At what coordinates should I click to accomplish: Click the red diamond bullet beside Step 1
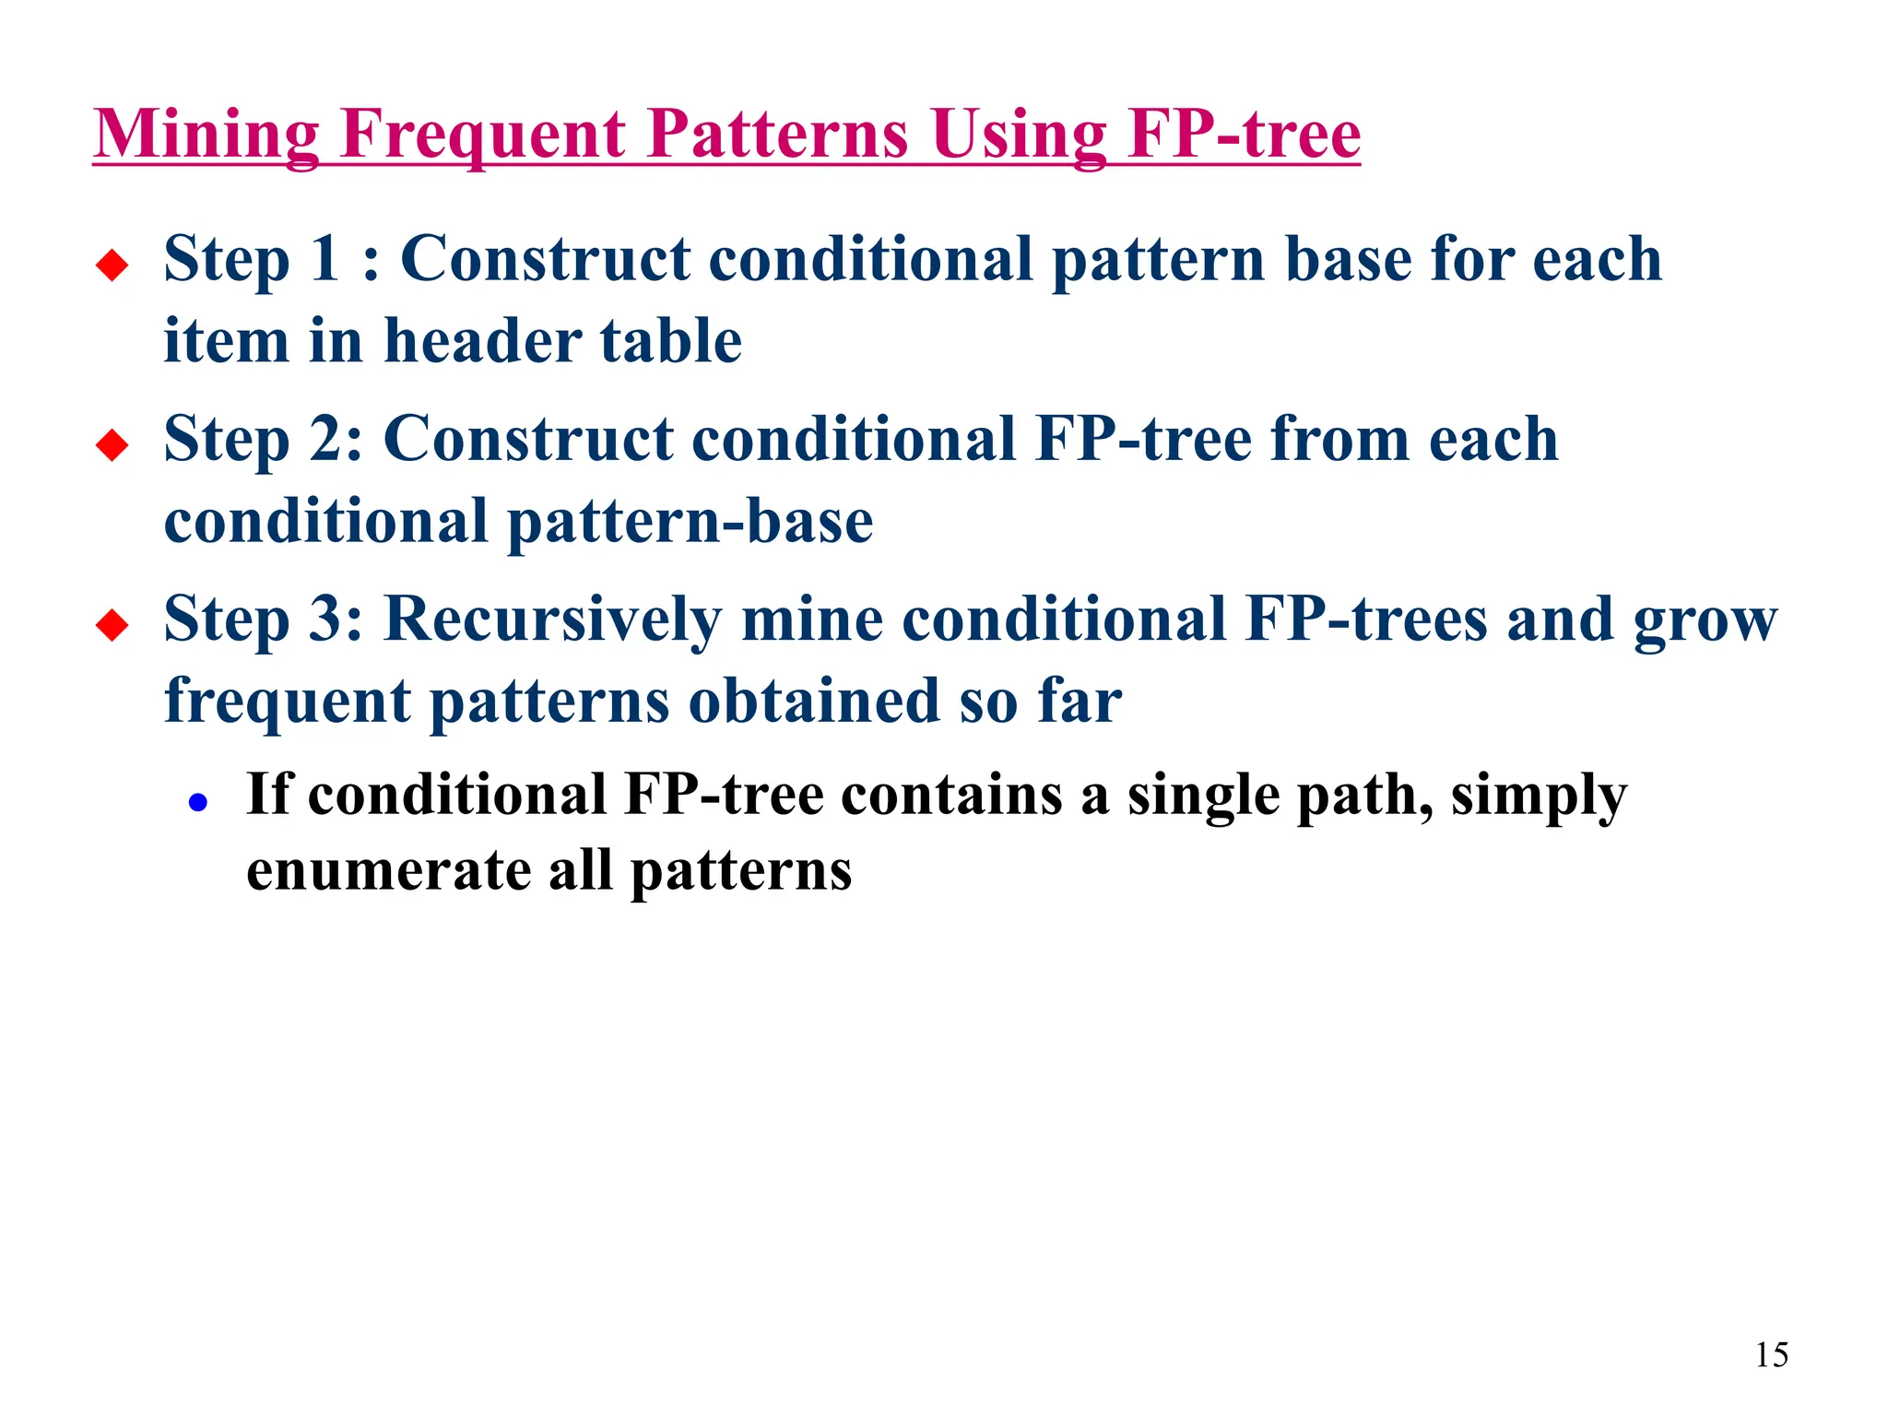coord(112,265)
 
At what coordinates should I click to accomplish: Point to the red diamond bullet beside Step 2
coord(112,445)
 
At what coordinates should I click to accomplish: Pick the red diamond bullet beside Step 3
coord(112,625)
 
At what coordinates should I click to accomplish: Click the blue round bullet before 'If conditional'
coord(197,803)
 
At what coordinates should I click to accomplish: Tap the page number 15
coord(1771,1354)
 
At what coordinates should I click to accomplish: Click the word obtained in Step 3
coord(814,701)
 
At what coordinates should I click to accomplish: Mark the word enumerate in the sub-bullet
coord(387,871)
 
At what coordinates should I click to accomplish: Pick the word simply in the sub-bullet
coord(1539,796)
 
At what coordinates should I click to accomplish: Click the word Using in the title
coord(1018,135)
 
